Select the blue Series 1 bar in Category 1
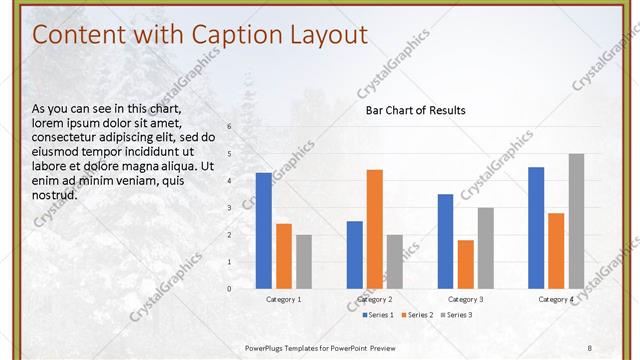[263, 230]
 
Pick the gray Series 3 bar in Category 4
[576, 221]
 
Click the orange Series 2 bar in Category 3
[465, 264]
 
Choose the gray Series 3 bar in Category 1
[304, 261]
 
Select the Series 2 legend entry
[415, 315]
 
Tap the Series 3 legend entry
[456, 315]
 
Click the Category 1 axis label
[284, 299]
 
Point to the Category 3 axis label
[465, 299]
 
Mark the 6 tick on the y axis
[229, 127]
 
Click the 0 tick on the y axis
[229, 288]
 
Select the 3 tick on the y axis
[229, 208]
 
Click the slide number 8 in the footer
[590, 347]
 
